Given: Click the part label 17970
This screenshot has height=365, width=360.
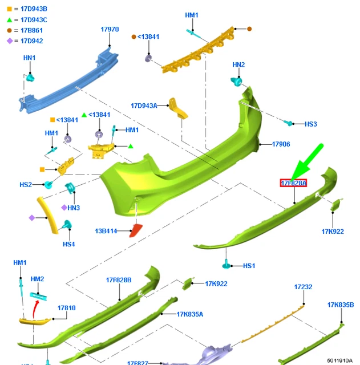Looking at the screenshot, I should pyautogui.click(x=110, y=29).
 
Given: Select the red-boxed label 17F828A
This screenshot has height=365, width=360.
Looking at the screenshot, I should pyautogui.click(x=293, y=183).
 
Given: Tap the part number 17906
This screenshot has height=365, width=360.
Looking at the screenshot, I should pyautogui.click(x=281, y=144).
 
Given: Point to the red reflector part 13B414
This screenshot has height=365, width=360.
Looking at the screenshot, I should pyautogui.click(x=137, y=230).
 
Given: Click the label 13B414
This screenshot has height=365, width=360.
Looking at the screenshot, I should pyautogui.click(x=106, y=231).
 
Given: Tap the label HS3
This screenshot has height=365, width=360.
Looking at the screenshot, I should pyautogui.click(x=310, y=124).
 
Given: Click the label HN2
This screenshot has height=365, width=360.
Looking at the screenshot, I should pyautogui.click(x=238, y=65).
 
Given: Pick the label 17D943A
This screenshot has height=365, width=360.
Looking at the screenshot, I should pyautogui.click(x=143, y=106).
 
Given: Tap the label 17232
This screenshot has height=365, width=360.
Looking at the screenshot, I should pyautogui.click(x=303, y=287).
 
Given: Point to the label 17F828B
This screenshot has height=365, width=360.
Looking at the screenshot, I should pyautogui.click(x=119, y=280).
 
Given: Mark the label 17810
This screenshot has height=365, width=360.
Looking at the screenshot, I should pyautogui.click(x=66, y=307).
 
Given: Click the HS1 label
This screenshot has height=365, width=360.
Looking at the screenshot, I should pyautogui.click(x=249, y=266).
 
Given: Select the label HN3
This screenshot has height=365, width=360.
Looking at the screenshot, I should pyautogui.click(x=74, y=208).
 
